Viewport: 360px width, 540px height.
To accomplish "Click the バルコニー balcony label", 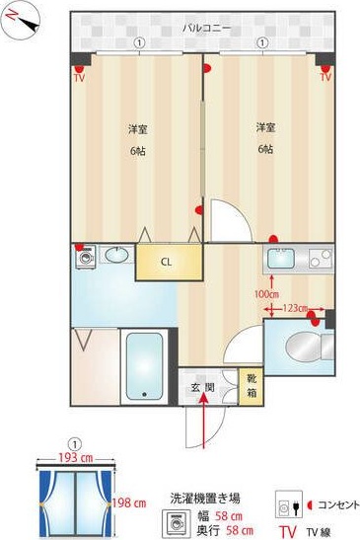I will [208, 28].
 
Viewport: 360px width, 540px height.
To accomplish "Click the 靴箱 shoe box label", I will [252, 384].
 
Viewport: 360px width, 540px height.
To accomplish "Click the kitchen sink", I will [281, 262].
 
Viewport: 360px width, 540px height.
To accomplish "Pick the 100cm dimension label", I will [266, 293].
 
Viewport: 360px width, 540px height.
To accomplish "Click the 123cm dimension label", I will [295, 309].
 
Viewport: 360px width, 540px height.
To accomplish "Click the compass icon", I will [19, 21].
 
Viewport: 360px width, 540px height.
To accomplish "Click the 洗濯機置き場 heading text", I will [204, 499].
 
